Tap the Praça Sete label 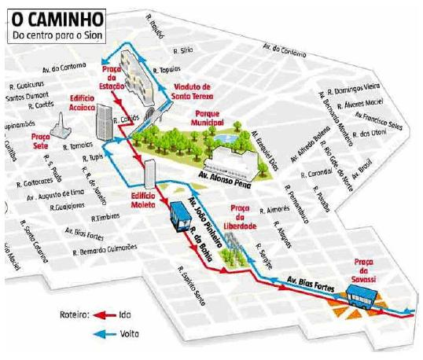[x=40, y=140]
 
